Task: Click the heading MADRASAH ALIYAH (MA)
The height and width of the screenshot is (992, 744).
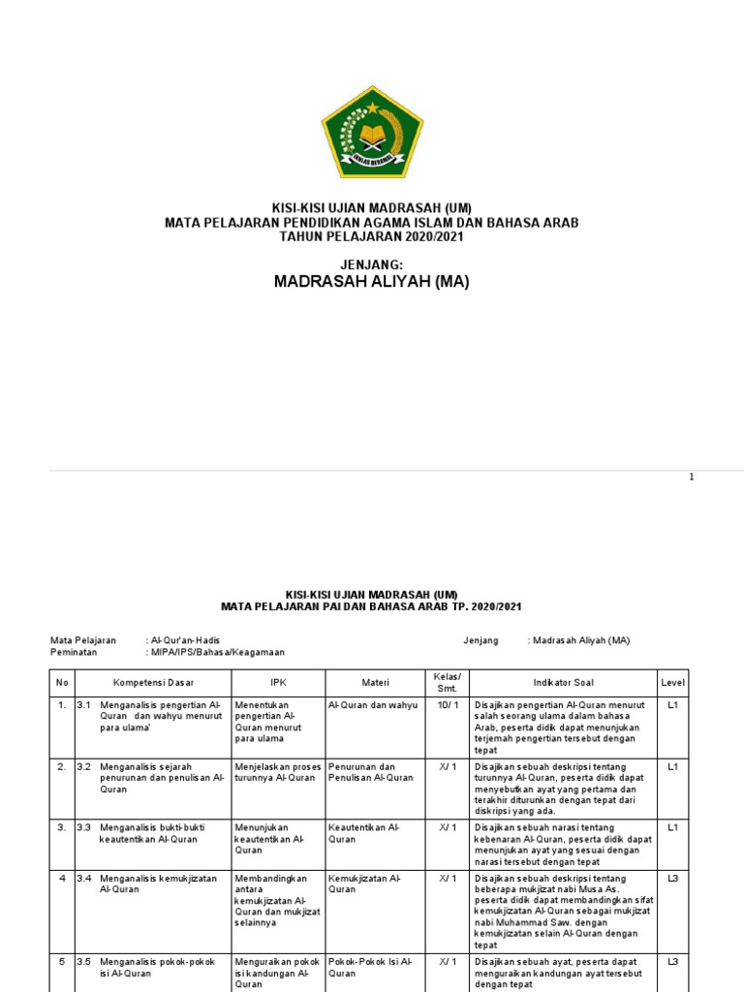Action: (372, 282)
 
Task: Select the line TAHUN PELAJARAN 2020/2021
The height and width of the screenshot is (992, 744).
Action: (372, 236)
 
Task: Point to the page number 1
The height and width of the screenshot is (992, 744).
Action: (692, 477)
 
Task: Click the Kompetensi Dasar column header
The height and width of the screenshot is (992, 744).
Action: (153, 681)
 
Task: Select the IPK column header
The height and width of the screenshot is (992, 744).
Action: (278, 681)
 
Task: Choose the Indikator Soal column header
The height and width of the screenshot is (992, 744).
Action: (564, 681)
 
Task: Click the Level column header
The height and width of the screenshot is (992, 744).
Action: (672, 681)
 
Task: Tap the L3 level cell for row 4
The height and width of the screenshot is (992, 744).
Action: (672, 879)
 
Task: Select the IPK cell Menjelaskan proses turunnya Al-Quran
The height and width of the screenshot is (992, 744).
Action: (278, 771)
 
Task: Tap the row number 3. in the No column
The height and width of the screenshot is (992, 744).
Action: (61, 827)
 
